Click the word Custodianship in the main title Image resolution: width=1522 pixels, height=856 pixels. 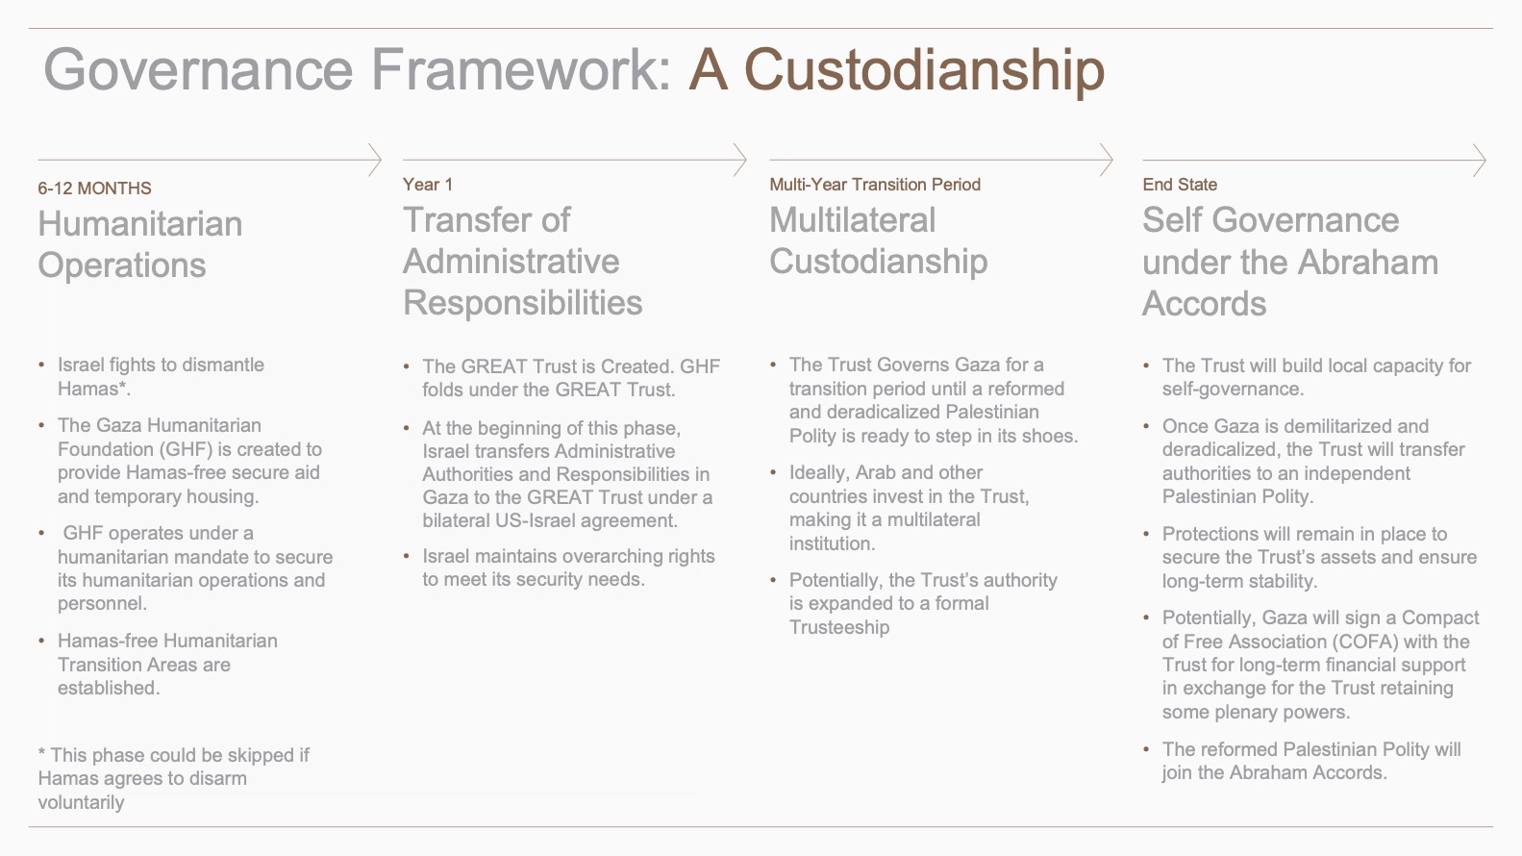pos(925,70)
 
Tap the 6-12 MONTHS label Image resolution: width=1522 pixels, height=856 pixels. pos(94,189)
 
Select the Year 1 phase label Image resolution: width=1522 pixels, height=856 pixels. pos(428,185)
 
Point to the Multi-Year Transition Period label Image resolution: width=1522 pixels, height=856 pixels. pos(875,185)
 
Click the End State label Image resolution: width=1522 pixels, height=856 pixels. pos(1180,185)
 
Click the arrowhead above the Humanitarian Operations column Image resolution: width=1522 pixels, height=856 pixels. pos(375,161)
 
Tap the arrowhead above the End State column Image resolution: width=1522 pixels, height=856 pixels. pos(1479,161)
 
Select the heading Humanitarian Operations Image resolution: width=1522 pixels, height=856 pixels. pos(140,244)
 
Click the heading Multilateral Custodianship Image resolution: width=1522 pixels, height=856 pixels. pos(878,240)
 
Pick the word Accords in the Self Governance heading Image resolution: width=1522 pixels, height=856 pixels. pos(1204,303)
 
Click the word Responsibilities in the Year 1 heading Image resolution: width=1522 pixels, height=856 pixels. pos(522,303)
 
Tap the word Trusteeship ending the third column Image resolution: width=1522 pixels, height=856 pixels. pos(839,627)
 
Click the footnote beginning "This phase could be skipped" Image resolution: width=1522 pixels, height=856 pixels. pos(173,778)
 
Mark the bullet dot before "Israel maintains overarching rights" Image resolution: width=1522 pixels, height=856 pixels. pos(407,556)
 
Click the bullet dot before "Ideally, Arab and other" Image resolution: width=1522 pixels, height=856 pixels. pos(773,472)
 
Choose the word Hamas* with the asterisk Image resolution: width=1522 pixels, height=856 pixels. pos(94,389)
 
